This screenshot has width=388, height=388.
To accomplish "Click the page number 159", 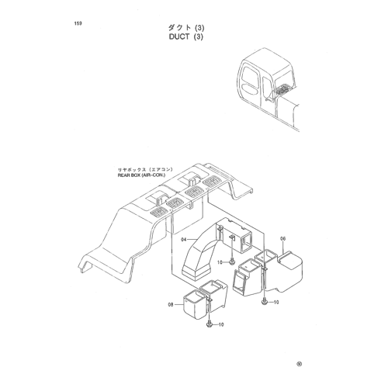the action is click(78, 23).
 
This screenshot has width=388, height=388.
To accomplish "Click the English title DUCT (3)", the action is click(186, 36).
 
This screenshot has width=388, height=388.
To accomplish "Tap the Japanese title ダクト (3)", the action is click(186, 28).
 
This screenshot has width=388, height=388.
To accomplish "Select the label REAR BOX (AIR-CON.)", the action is click(141, 175).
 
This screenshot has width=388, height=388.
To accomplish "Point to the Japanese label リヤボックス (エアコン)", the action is click(145, 170).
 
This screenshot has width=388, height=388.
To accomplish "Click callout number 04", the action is click(184, 240).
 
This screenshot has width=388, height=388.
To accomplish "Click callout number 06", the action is click(283, 239).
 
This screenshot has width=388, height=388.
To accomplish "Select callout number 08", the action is click(171, 305).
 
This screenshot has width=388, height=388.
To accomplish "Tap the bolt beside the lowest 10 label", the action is click(210, 324).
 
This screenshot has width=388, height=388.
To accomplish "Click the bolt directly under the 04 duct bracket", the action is click(232, 262).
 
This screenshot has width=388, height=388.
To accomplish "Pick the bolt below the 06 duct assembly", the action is click(264, 302).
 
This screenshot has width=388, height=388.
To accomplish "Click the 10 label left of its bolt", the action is click(220, 262).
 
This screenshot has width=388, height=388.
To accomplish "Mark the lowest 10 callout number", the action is click(221, 324).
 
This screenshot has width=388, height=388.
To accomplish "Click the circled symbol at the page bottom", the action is click(300, 364).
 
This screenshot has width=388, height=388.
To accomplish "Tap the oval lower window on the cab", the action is click(250, 88).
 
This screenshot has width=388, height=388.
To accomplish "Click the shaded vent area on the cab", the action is click(283, 89).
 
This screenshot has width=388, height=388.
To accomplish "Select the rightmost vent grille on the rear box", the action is click(213, 181).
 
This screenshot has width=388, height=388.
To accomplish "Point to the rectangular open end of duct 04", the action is click(247, 241).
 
